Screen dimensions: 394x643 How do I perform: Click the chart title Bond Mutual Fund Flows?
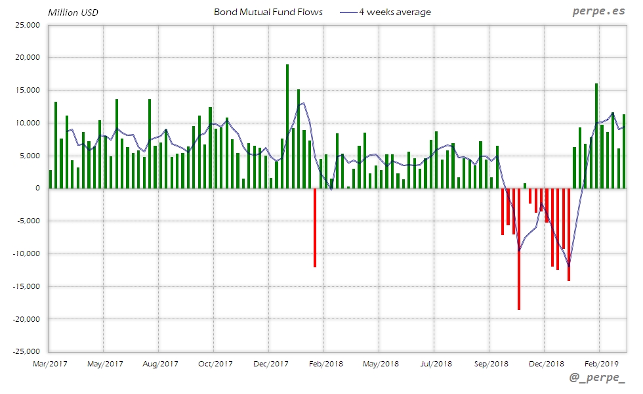point(268,12)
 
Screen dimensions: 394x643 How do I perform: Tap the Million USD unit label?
point(73,12)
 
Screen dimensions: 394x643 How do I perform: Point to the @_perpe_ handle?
point(598,378)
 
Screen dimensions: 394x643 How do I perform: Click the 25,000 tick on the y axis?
point(28,25)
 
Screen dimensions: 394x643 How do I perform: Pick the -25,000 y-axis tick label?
point(26,351)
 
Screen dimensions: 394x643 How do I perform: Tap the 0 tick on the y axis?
point(37,188)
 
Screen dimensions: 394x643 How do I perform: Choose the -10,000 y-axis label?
point(26,253)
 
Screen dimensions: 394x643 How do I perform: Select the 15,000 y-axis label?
point(28,91)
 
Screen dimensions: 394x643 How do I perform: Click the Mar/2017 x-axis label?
point(50,363)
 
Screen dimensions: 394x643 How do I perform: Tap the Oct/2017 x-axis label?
point(215,363)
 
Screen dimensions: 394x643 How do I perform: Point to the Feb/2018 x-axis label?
point(325,363)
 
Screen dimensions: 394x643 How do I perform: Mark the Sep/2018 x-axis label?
point(491,363)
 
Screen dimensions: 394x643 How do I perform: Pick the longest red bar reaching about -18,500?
point(518,249)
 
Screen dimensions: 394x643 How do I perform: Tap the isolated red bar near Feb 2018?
point(315,227)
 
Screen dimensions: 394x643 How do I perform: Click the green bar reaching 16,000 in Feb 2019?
point(596,136)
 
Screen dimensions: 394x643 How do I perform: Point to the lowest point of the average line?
point(569,265)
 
